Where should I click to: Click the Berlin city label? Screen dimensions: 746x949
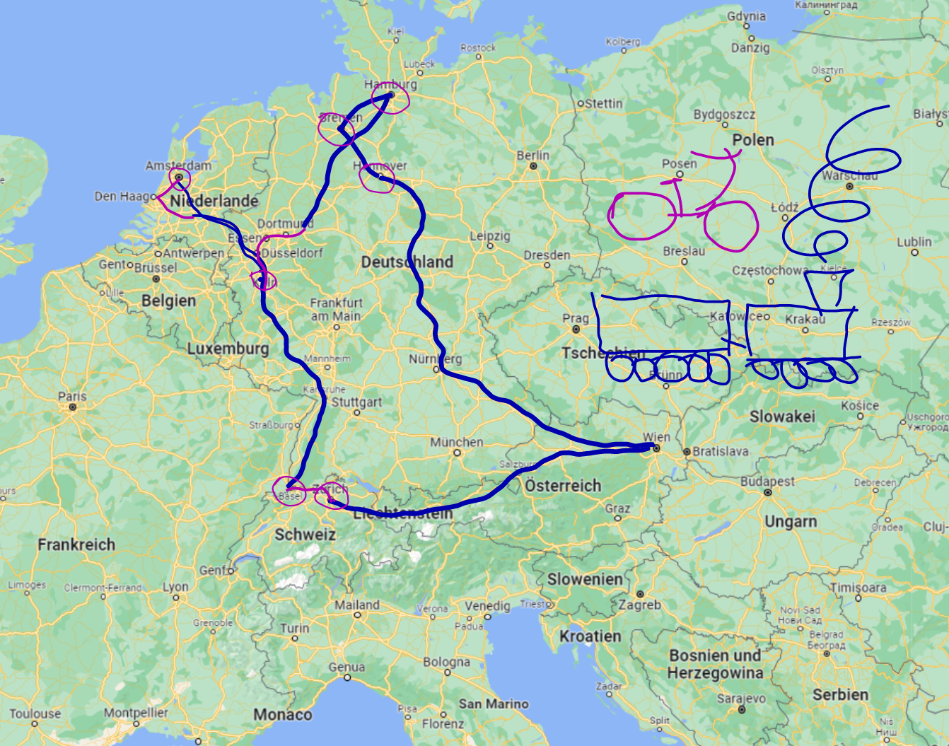click(x=532, y=155)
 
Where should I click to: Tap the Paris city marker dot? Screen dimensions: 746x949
click(x=73, y=407)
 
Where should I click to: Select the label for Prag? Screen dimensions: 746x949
click(x=575, y=318)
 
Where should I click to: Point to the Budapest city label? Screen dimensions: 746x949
click(x=767, y=482)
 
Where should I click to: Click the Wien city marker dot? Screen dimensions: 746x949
click(x=656, y=448)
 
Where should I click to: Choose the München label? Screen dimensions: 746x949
click(x=457, y=443)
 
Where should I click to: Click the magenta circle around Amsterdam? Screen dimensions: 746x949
click(x=179, y=177)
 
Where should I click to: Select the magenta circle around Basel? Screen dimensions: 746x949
click(x=289, y=491)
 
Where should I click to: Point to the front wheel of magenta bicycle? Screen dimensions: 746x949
click(x=731, y=226)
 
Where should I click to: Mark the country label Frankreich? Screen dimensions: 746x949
click(x=76, y=544)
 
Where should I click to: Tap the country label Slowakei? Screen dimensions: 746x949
click(x=782, y=416)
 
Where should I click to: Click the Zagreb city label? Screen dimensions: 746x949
click(x=639, y=605)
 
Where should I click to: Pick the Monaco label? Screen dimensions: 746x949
click(x=282, y=715)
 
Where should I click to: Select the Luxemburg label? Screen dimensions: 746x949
click(x=228, y=349)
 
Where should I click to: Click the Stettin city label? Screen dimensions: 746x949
click(x=603, y=103)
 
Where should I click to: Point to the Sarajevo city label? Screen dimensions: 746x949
click(x=741, y=698)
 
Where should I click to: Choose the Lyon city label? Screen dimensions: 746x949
click(x=175, y=587)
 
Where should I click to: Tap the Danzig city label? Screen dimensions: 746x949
click(x=750, y=47)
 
